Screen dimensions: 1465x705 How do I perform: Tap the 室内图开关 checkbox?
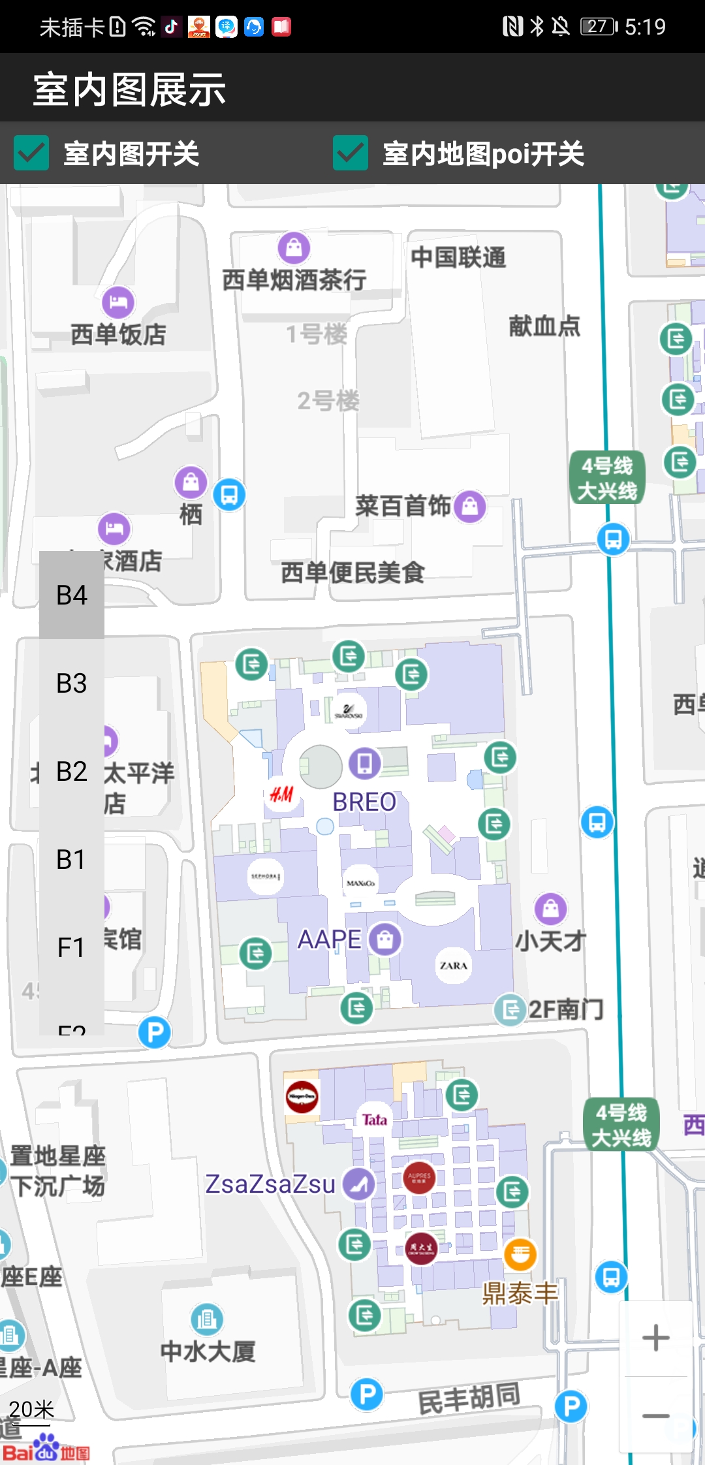click(x=31, y=153)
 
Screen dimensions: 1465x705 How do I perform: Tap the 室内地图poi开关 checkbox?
click(x=351, y=153)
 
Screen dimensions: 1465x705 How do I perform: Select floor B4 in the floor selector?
click(x=72, y=595)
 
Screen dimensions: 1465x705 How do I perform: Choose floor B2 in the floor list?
click(x=72, y=772)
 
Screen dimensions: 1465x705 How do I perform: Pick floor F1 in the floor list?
click(x=72, y=948)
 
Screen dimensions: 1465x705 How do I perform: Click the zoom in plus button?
click(x=655, y=1338)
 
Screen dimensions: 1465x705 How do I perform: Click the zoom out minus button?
click(x=655, y=1416)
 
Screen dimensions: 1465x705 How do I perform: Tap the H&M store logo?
click(x=281, y=795)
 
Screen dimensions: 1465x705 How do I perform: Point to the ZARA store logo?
click(x=453, y=966)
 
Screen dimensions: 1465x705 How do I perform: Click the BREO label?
click(x=364, y=802)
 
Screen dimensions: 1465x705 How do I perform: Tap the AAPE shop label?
click(x=329, y=939)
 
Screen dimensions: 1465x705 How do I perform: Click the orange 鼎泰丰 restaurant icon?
click(x=520, y=1254)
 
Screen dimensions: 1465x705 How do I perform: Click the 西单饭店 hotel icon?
click(x=118, y=302)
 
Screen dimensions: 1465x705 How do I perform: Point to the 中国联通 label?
click(x=458, y=257)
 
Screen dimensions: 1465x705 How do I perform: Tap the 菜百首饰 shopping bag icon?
click(x=470, y=506)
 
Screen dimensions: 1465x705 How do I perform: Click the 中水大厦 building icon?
click(x=207, y=1319)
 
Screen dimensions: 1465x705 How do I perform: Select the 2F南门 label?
click(x=565, y=1009)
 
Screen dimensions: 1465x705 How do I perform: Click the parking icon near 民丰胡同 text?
click(x=367, y=1394)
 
